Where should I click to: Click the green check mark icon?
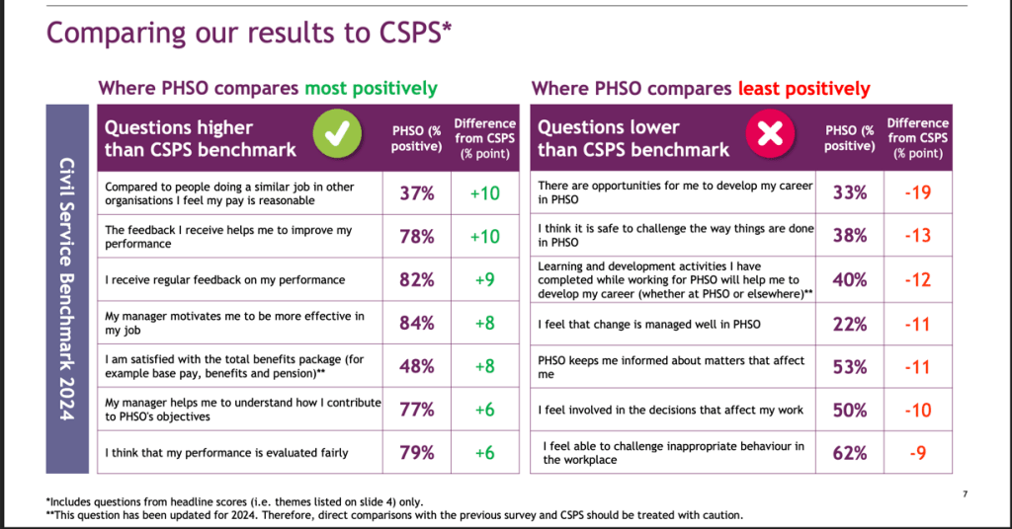point(337,137)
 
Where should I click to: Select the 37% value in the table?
point(417,193)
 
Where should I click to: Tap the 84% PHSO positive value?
point(417,323)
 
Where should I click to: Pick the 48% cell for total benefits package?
point(417,366)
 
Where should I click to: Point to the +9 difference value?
point(484,279)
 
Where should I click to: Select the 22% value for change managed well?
point(850,324)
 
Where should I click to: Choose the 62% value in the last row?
point(850,453)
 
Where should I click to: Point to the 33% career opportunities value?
point(850,193)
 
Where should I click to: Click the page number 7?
point(964,493)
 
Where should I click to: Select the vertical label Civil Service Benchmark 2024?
point(66,288)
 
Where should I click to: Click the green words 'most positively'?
point(371,89)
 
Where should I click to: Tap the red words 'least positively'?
point(803,89)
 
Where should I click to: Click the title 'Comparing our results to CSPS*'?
point(249,32)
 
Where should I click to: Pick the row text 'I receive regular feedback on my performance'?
point(224,280)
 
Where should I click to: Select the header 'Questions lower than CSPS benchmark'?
point(633,139)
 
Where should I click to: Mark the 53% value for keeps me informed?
point(850,367)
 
